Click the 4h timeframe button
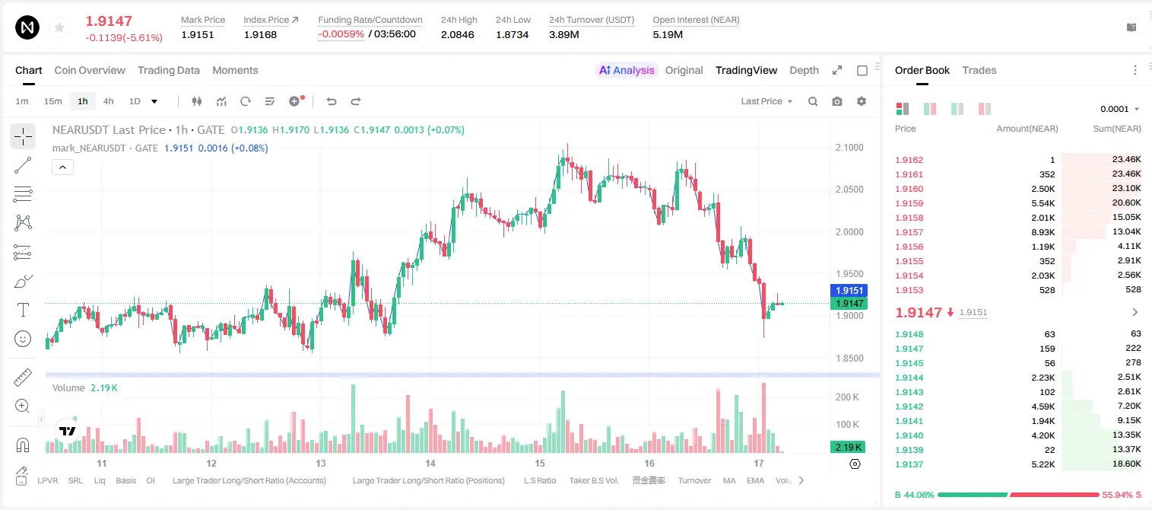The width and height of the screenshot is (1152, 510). tap(108, 101)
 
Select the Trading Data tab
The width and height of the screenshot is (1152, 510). tap(168, 71)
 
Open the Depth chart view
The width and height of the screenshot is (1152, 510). tap(804, 71)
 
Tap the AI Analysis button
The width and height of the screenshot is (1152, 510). tap(627, 71)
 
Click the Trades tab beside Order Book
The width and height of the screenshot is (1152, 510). tap(979, 71)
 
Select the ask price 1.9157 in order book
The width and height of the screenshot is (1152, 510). tap(909, 232)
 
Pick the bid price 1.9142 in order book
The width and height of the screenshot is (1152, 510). tap(909, 406)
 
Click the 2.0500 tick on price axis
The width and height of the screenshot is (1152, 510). tap(849, 190)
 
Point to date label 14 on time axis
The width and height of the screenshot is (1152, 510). tap(430, 463)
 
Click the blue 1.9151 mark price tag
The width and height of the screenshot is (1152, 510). tap(849, 290)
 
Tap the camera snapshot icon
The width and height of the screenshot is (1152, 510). tap(837, 101)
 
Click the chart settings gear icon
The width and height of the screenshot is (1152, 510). tap(862, 101)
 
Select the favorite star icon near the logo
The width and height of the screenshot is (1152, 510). tap(59, 27)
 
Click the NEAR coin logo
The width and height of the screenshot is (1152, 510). tap(27, 27)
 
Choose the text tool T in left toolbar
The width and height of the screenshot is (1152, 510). tap(23, 310)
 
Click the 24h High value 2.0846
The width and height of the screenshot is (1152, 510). tap(457, 34)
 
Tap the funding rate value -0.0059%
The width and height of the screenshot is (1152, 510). tap(341, 34)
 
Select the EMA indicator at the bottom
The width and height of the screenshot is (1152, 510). tap(756, 480)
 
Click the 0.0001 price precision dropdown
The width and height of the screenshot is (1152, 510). tap(1119, 109)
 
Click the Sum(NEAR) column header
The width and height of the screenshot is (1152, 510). tap(1117, 129)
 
